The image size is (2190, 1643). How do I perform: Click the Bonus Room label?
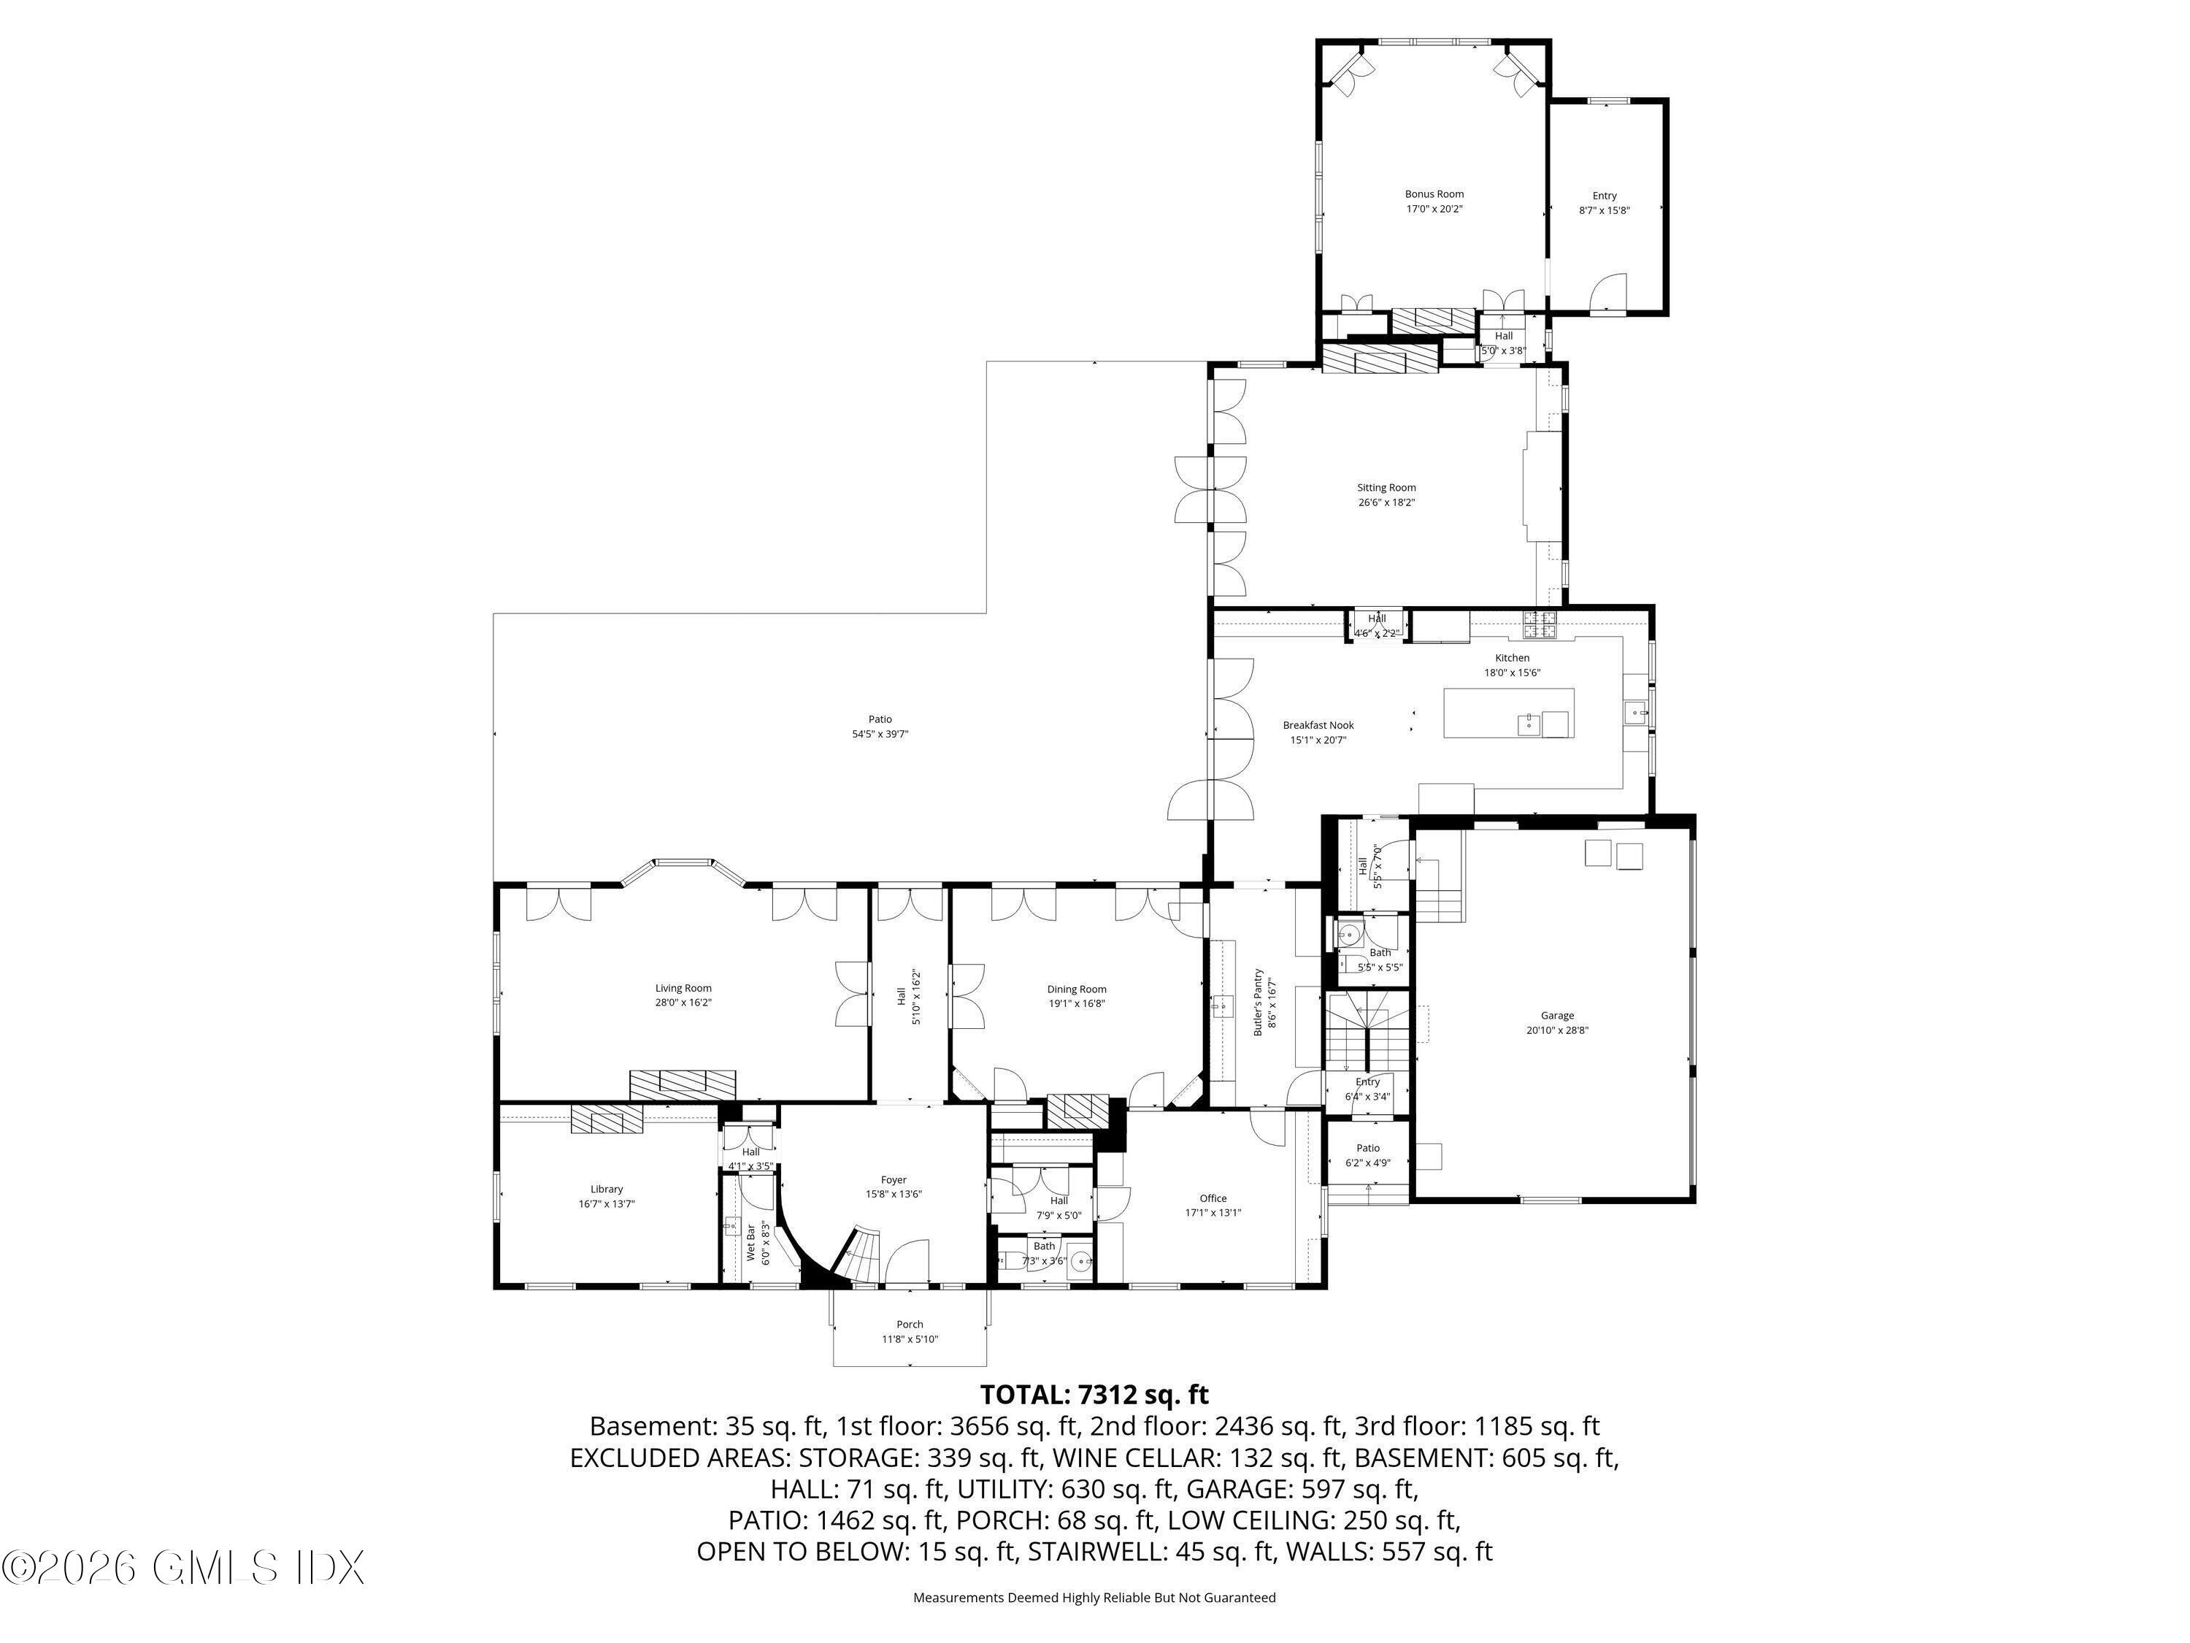pyautogui.click(x=1434, y=195)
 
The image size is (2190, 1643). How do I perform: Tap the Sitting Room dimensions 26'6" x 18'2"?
pyautogui.click(x=1386, y=502)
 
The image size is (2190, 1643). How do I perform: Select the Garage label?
pyautogui.click(x=1556, y=1015)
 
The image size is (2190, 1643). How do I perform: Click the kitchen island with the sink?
pyautogui.click(x=1508, y=713)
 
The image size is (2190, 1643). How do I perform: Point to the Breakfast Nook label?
pyautogui.click(x=1318, y=725)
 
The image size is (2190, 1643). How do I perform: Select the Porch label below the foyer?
pyautogui.click(x=909, y=1324)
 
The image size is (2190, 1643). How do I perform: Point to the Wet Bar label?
pyautogui.click(x=750, y=1244)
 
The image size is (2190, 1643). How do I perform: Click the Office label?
pyautogui.click(x=1213, y=1198)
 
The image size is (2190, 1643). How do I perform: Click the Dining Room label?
pyautogui.click(x=1076, y=989)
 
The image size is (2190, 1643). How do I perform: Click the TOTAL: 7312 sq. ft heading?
pyautogui.click(x=1094, y=1395)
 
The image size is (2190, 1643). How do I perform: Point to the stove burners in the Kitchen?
pyautogui.click(x=1540, y=624)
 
